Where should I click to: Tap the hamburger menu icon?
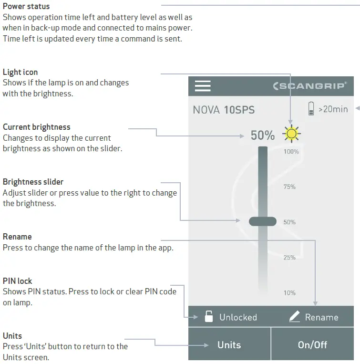[x=203, y=86]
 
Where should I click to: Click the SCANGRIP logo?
[x=309, y=86]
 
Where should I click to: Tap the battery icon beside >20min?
[x=311, y=109]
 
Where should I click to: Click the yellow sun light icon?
[x=291, y=134]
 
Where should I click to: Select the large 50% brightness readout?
[x=263, y=135]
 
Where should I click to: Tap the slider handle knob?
[x=263, y=221]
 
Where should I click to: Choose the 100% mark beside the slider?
[x=291, y=152]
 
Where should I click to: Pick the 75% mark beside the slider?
[x=289, y=187]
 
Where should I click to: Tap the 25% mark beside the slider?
[x=289, y=257]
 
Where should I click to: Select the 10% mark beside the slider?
[x=289, y=292]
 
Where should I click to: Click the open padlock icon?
[x=208, y=317]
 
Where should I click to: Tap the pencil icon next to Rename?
[x=295, y=317]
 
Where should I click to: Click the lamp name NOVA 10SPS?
[x=224, y=110]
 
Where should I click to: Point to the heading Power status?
[x=26, y=7]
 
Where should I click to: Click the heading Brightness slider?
[x=33, y=182]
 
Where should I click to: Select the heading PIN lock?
[x=18, y=281]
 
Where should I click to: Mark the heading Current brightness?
[x=36, y=127]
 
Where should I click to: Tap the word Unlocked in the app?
[x=238, y=317]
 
